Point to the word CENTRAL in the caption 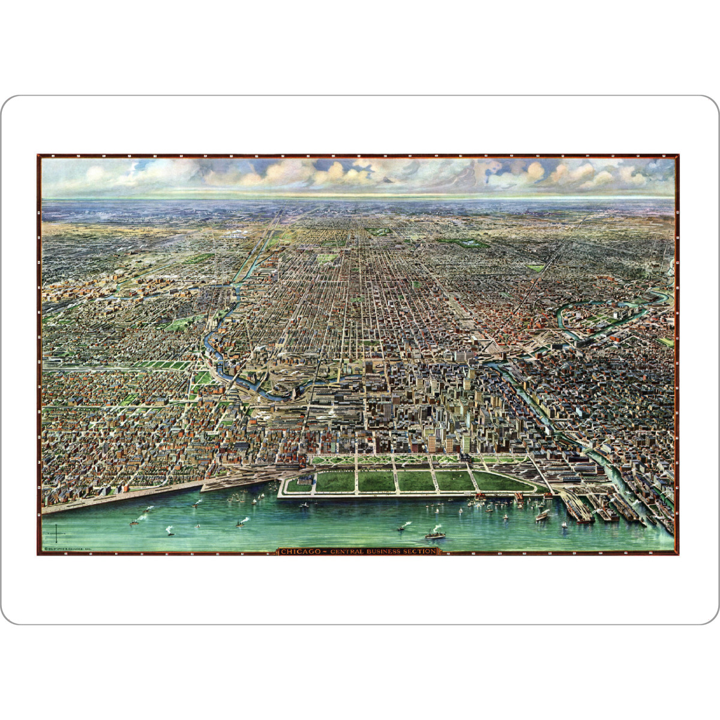[344, 551]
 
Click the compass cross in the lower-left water [56, 532]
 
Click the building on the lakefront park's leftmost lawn [305, 481]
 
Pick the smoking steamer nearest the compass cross [135, 521]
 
